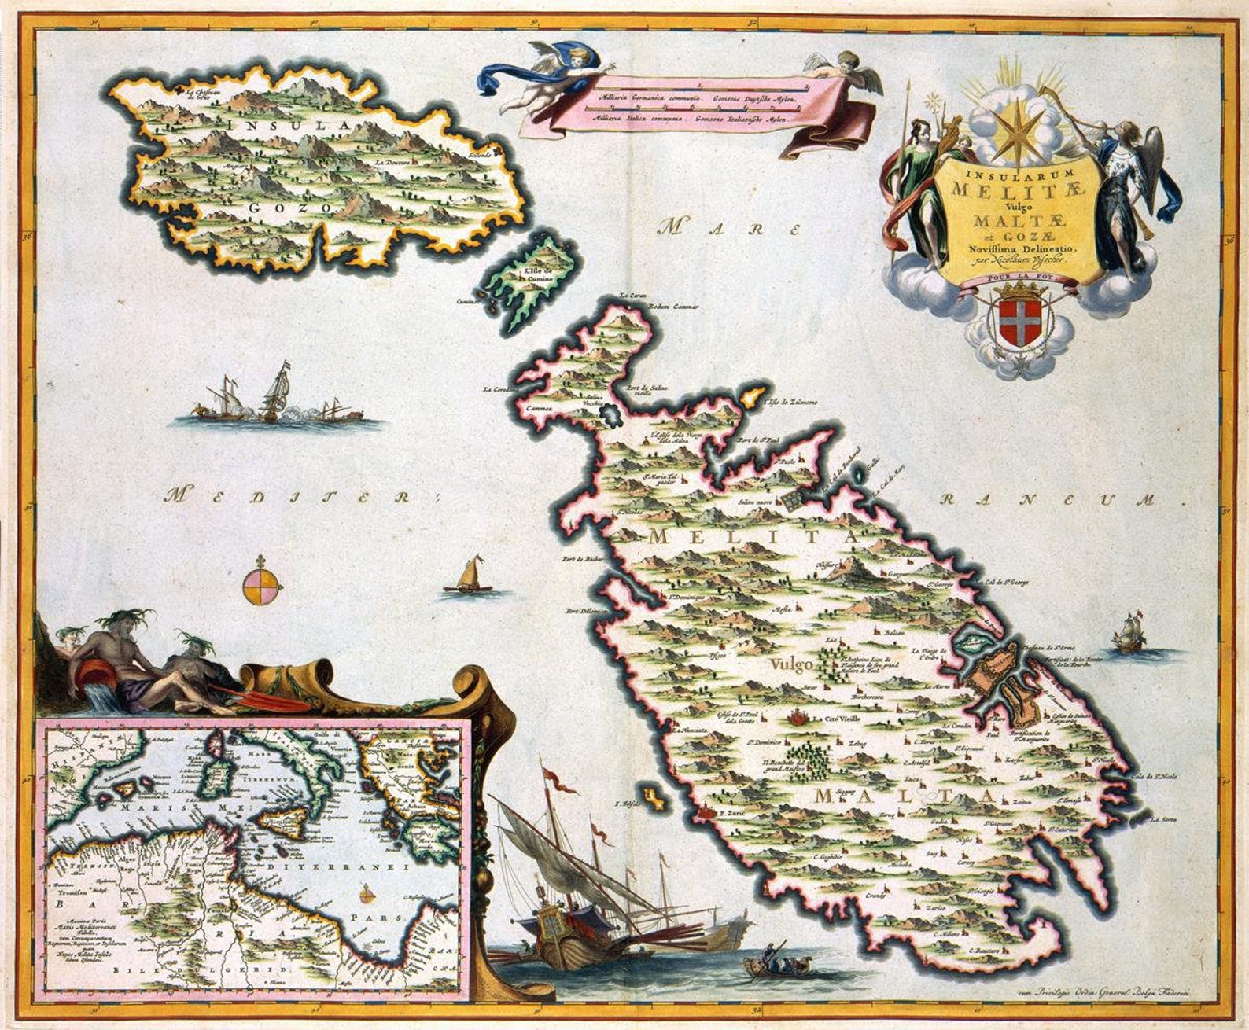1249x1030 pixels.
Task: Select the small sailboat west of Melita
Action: pos(470,576)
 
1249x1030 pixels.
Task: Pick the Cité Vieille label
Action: pos(842,719)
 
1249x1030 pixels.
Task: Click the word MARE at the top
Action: pos(730,229)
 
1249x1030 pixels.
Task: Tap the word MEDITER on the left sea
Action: pos(300,495)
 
